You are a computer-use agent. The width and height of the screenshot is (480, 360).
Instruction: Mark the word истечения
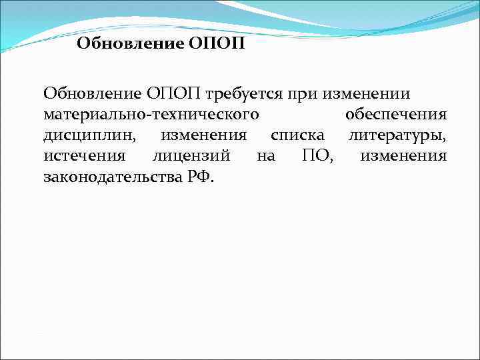point(83,157)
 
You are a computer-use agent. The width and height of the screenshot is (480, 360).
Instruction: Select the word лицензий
point(191,157)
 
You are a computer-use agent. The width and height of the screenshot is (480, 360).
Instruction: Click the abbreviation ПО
point(311,157)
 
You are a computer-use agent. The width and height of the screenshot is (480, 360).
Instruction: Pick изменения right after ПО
point(403,157)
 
